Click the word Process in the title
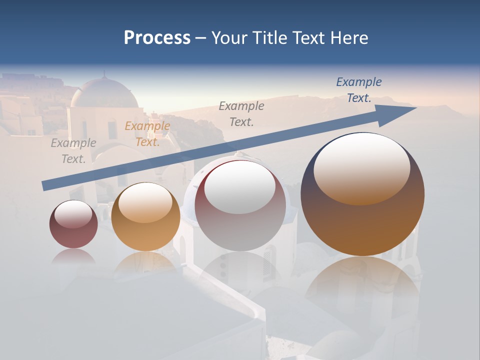click(x=157, y=38)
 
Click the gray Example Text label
click(x=73, y=151)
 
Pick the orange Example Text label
click(x=147, y=134)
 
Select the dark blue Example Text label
click(x=358, y=90)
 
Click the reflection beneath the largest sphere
click(x=362, y=285)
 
